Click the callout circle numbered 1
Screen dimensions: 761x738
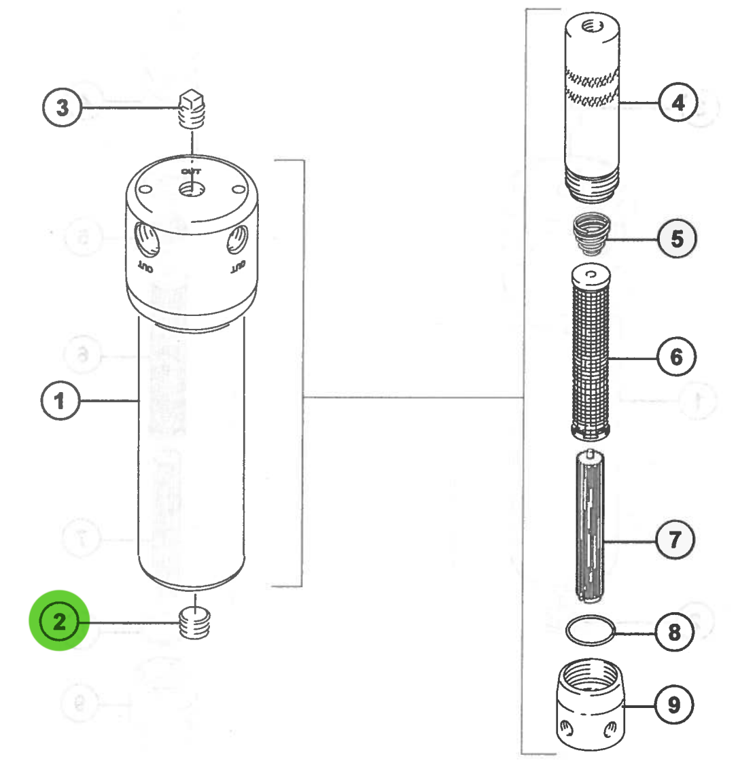pos(60,401)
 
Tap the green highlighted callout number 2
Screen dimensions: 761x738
pos(59,621)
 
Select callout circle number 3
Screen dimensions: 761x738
pos(63,108)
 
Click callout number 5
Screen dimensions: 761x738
pos(676,239)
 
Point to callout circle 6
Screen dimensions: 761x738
pos(676,357)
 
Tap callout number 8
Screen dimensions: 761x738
pos(674,633)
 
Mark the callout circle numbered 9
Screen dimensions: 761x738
pos(673,705)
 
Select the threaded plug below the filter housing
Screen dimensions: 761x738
pos(195,622)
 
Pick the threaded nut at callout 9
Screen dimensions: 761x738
pos(590,707)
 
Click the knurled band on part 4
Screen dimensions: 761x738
pos(593,86)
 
